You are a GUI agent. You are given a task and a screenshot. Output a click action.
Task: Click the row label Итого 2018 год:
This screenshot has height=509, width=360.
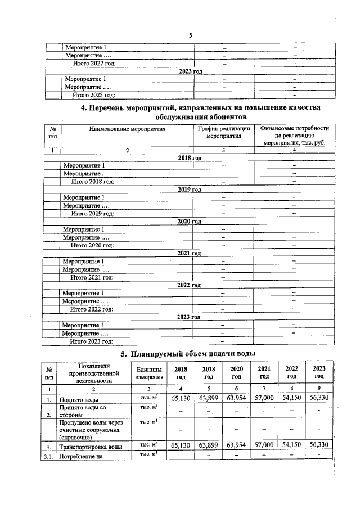pos(92,182)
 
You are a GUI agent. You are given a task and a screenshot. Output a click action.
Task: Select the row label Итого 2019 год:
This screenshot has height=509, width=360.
pos(92,214)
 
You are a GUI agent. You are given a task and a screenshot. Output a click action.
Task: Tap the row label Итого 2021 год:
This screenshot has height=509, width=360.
pos(92,277)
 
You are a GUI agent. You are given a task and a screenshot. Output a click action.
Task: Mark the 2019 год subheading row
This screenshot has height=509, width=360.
pos(190,190)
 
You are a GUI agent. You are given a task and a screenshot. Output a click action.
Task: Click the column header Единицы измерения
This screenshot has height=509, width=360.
pos(149,372)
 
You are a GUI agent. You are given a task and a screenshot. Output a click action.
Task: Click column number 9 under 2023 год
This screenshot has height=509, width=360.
pos(319,389)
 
